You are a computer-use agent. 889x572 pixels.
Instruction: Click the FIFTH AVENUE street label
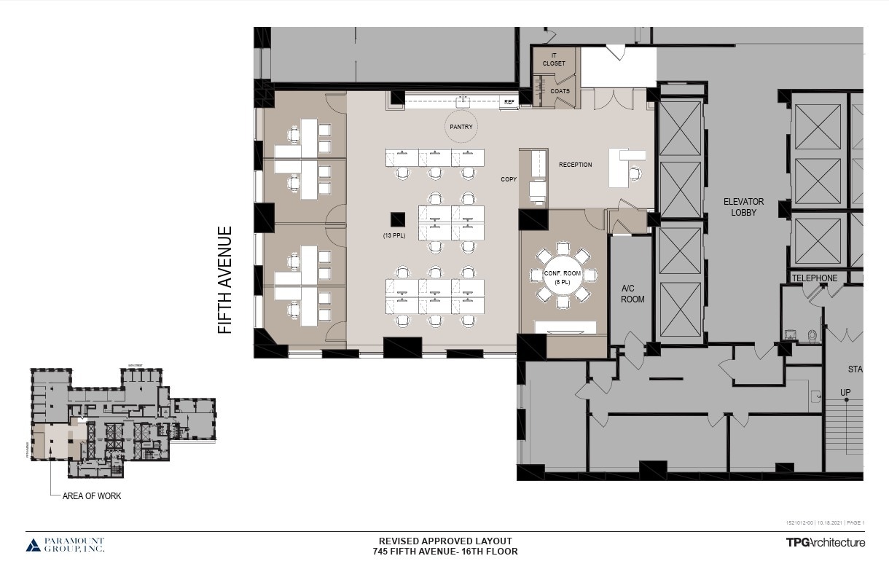[x=225, y=280]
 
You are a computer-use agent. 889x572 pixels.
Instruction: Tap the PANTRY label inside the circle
[x=461, y=127]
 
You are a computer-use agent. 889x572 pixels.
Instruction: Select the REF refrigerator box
[x=509, y=103]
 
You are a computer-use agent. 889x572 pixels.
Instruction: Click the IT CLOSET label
[x=554, y=59]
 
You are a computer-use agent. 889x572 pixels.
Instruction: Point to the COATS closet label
[x=560, y=91]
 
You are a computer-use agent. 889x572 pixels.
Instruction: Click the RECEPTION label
[x=575, y=165]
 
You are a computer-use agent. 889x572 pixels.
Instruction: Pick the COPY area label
[x=508, y=179]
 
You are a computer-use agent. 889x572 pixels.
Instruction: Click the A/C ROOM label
[x=632, y=294]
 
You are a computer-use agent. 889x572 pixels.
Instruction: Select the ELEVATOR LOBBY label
[x=743, y=207]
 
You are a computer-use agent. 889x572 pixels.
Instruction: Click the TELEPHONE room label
[x=815, y=278]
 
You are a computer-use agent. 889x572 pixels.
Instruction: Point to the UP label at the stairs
[x=845, y=393]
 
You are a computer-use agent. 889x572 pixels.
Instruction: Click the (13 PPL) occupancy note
[x=394, y=235]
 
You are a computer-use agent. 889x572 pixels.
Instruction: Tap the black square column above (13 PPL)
[x=397, y=219]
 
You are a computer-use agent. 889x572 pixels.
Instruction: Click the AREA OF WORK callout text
[x=92, y=496]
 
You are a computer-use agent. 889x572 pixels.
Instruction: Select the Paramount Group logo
[x=66, y=545]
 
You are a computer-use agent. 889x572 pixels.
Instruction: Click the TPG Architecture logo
[x=825, y=542]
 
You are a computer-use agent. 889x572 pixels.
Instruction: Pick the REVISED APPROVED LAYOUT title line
[x=444, y=541]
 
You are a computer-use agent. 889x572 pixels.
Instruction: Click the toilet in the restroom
[x=812, y=336]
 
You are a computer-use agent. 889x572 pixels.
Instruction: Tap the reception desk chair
[x=635, y=173]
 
